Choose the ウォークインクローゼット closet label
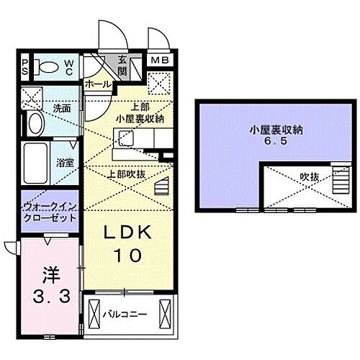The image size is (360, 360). tap(49, 212)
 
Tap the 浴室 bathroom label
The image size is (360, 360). tap(66, 163)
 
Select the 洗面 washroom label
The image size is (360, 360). tap(60, 109)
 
